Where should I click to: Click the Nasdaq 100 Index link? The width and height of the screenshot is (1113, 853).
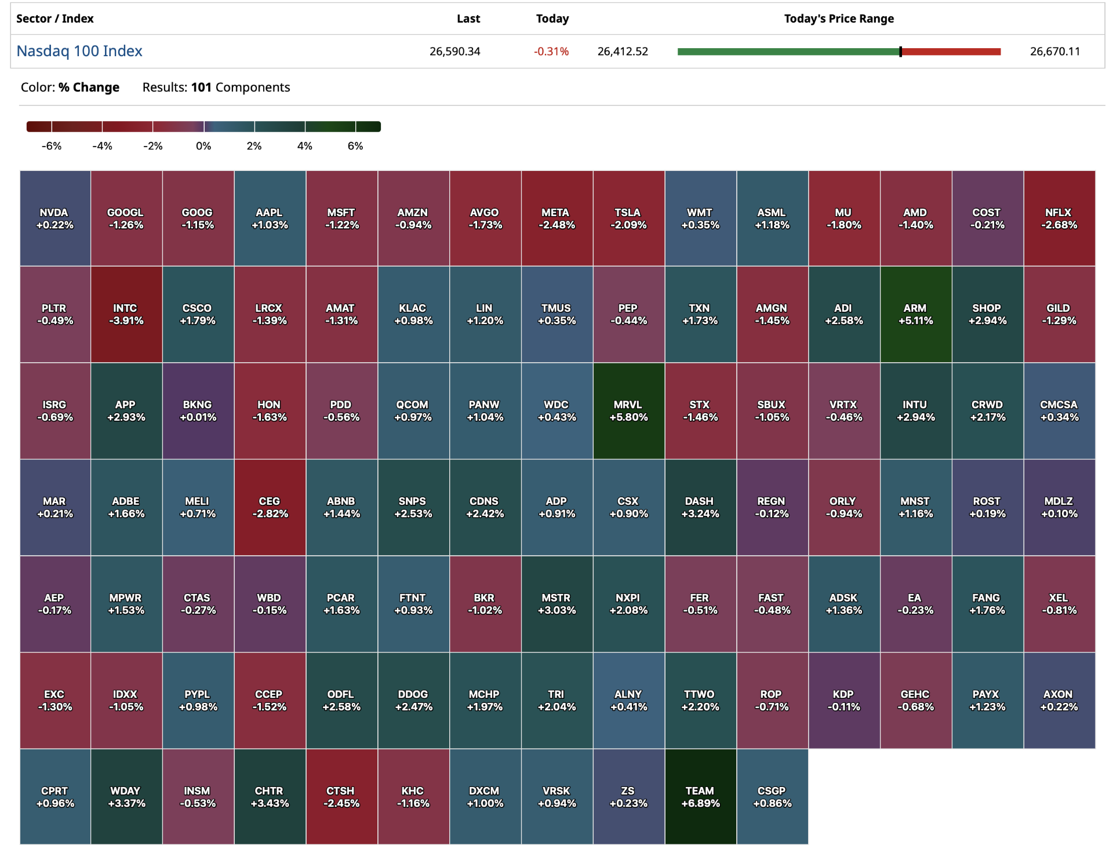pyautogui.click(x=79, y=51)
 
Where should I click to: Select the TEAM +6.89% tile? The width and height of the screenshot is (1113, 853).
pyautogui.click(x=700, y=797)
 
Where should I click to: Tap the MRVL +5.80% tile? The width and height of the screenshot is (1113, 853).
pyautogui.click(x=628, y=411)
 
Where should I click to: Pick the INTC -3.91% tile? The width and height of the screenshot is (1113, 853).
pyautogui.click(x=126, y=314)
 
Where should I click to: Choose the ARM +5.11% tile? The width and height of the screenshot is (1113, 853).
pyautogui.click(x=915, y=314)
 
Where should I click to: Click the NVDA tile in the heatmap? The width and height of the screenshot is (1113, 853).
pyautogui.click(x=54, y=218)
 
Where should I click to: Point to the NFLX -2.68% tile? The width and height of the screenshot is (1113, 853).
pyautogui.click(x=1059, y=218)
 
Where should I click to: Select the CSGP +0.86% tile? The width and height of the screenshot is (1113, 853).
pyautogui.click(x=772, y=797)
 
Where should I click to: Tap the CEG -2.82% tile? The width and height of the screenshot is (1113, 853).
pyautogui.click(x=270, y=507)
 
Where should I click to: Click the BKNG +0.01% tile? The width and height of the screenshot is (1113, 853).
pyautogui.click(x=198, y=411)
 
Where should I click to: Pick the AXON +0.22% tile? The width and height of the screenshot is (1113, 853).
pyautogui.click(x=1059, y=700)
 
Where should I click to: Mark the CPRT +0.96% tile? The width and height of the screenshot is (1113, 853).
pyautogui.click(x=54, y=797)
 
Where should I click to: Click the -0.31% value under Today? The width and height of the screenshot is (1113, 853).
pyautogui.click(x=551, y=52)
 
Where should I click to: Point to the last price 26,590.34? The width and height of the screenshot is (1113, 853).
pyautogui.click(x=454, y=52)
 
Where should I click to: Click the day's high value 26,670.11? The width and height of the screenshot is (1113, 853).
pyautogui.click(x=1054, y=52)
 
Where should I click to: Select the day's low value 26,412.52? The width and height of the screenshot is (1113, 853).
pyautogui.click(x=623, y=52)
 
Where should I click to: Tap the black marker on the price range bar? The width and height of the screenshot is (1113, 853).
pyautogui.click(x=900, y=52)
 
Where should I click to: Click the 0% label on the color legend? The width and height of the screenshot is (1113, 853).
pyautogui.click(x=203, y=146)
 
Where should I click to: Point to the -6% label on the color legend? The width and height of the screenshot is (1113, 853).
pyautogui.click(x=52, y=146)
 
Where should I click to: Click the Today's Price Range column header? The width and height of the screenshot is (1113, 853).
pyautogui.click(x=838, y=19)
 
